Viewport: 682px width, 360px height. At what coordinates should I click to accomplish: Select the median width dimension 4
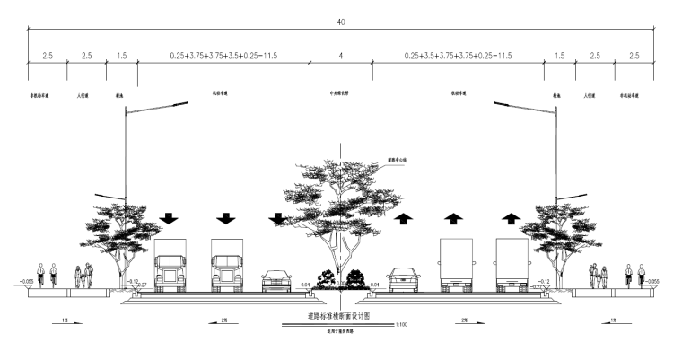[340, 56]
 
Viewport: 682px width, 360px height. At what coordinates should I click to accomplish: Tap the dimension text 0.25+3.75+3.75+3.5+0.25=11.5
[223, 56]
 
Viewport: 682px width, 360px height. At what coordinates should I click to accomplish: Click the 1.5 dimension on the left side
[122, 56]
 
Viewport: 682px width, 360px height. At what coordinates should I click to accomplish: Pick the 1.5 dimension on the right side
[559, 56]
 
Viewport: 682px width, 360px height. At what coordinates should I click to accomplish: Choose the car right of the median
[403, 280]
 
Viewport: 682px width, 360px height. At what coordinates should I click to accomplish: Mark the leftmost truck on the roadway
[170, 266]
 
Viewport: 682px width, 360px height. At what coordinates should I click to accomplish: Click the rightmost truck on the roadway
[511, 266]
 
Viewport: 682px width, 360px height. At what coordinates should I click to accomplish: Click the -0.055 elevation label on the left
[25, 281]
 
